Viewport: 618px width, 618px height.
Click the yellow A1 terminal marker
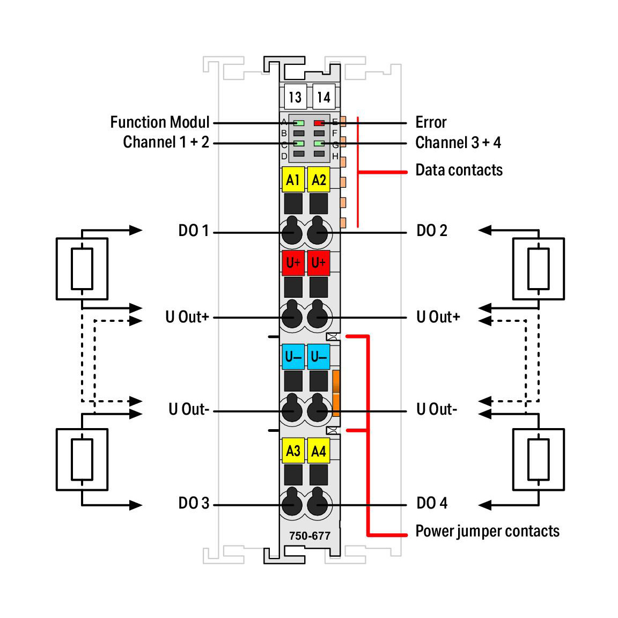[x=293, y=180]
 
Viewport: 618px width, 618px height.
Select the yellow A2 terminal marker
[x=319, y=180]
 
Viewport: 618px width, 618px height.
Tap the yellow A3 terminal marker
[x=293, y=451]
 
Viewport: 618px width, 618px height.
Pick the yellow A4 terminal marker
[x=319, y=451]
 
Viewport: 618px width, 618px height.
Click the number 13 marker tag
[x=295, y=97]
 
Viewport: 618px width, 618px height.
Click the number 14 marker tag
[x=323, y=97]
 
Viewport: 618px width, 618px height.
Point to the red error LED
[x=319, y=123]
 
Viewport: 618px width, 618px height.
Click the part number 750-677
[x=310, y=535]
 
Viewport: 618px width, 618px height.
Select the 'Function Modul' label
[x=159, y=122]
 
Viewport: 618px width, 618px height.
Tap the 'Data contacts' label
[x=459, y=170]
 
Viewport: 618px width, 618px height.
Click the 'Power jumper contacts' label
[x=487, y=531]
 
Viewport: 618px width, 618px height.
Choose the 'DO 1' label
[x=193, y=231]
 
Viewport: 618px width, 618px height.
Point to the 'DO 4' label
[x=431, y=503]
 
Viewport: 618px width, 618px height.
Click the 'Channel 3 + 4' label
[x=458, y=143]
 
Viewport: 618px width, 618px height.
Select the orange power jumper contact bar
[x=336, y=393]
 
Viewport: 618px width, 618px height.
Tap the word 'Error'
[x=431, y=122]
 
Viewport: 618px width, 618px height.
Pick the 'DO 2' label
[x=431, y=231]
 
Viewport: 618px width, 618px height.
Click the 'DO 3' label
[x=193, y=503]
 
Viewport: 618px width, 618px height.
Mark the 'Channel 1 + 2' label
[x=166, y=142]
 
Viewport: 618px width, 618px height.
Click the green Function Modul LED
[x=299, y=123]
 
